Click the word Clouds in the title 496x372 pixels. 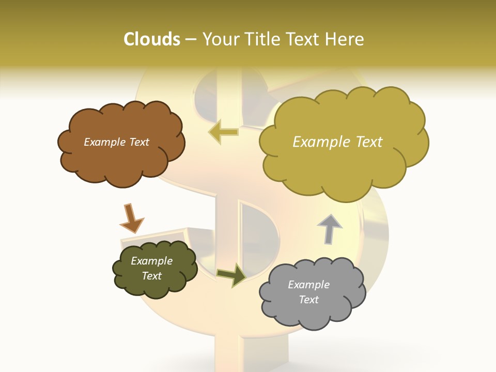click(x=152, y=39)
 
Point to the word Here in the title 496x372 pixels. click(x=346, y=39)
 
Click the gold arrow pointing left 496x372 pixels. click(x=223, y=132)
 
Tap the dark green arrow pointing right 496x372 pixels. click(x=231, y=275)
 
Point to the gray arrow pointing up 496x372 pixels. click(x=329, y=229)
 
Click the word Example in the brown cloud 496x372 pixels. click(x=105, y=142)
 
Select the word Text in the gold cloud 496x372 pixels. click(x=368, y=142)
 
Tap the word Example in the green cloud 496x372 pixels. click(x=151, y=261)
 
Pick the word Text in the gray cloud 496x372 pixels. click(x=308, y=300)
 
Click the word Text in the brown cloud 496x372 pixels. click(x=138, y=142)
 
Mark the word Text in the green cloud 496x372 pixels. click(x=151, y=276)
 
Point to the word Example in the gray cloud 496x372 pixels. click(x=308, y=285)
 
